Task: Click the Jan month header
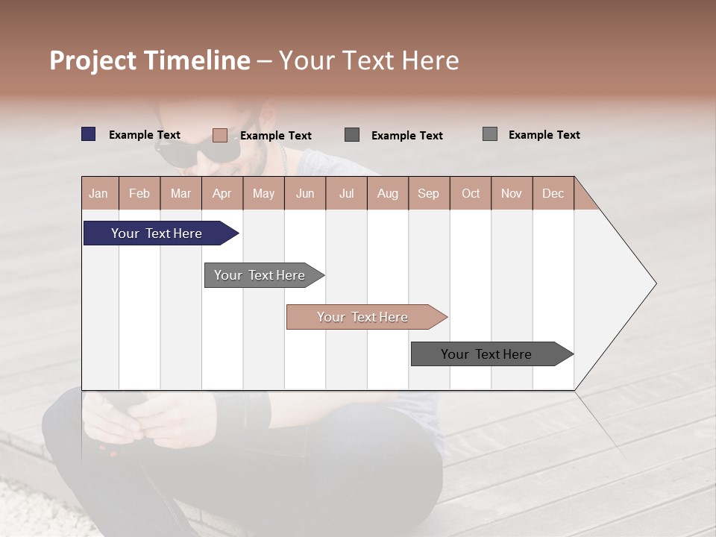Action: (99, 193)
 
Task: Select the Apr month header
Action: (222, 193)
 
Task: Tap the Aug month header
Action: (388, 193)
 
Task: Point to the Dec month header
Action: (553, 193)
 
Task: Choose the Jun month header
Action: (305, 193)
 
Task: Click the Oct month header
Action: (471, 193)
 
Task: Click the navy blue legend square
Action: (89, 134)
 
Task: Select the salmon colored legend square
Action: (220, 135)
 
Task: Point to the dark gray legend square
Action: (352, 135)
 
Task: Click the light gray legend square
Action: (490, 134)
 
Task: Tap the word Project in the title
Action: (92, 60)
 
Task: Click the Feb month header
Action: (139, 193)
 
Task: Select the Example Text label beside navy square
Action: (145, 135)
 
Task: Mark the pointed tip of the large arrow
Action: (655, 283)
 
